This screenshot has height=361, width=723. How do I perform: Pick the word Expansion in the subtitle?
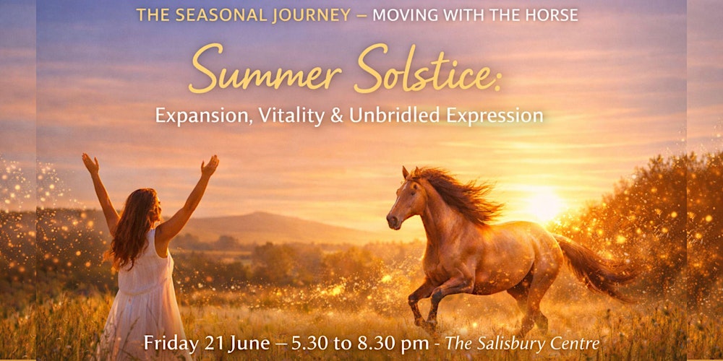click(x=200, y=116)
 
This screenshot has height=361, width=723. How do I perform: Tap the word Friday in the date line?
click(x=171, y=343)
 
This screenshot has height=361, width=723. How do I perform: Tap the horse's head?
click(x=401, y=199)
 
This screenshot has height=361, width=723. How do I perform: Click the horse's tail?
click(x=593, y=264)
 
